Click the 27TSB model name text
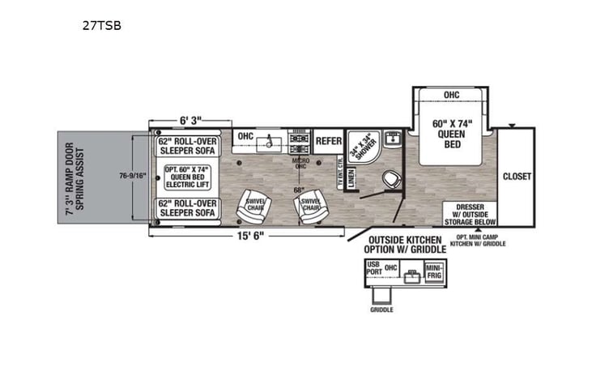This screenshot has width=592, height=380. pos(101,25)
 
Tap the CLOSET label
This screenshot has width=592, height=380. pos(515,176)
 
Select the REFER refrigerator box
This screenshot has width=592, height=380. pos(328,141)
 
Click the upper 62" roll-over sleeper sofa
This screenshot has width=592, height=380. pos(189,144)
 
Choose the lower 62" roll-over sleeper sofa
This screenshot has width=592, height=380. pos(189,210)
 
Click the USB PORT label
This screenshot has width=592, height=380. pos(373,268)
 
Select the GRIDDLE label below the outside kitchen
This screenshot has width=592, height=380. pos(381,310)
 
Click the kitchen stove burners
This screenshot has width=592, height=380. pos(299,143)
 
